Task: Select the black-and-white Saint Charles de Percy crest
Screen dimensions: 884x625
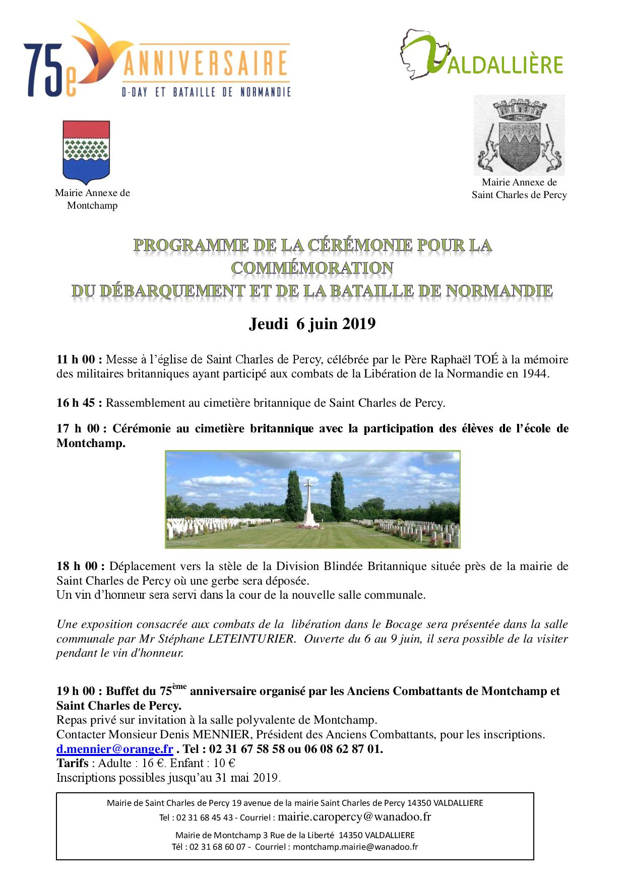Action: (x=519, y=135)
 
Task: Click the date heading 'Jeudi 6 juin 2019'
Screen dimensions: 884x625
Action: (x=312, y=324)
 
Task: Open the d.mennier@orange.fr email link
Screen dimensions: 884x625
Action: (x=114, y=749)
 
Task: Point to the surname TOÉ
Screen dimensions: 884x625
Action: (x=486, y=359)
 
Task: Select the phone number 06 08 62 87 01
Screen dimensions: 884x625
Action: (x=343, y=749)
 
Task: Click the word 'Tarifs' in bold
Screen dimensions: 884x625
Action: (x=73, y=763)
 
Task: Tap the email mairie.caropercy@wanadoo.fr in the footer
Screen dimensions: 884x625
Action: (x=354, y=816)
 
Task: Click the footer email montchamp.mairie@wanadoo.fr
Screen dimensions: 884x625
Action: (x=355, y=847)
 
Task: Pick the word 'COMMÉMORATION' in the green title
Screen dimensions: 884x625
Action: (x=312, y=268)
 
